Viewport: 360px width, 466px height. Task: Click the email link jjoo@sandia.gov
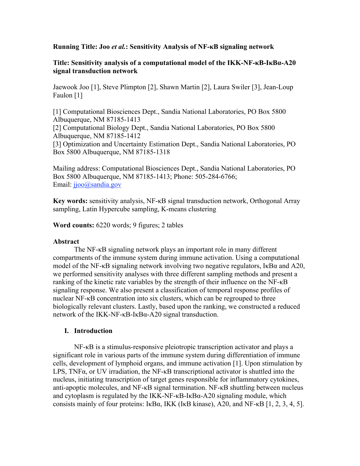coord(97,185)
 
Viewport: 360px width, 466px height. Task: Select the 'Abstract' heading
coord(66,241)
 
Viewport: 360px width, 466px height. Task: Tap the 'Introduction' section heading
coord(93,331)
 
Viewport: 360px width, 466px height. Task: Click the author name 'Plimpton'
coord(133,87)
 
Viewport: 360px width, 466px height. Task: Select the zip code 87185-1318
coord(153,152)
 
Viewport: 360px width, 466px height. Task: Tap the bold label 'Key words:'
coord(70,201)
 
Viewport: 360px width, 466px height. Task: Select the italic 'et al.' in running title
coord(118,47)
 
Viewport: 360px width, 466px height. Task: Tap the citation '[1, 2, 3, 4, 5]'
coord(285,404)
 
